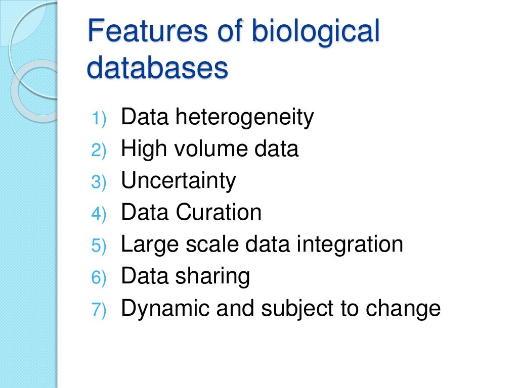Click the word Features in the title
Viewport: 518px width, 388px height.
tap(147, 31)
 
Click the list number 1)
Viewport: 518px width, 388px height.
tap(99, 119)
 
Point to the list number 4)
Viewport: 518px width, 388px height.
tap(99, 214)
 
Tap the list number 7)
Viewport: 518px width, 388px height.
tap(99, 310)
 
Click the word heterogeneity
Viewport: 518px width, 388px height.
tap(244, 118)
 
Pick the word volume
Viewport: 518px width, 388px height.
tap(205, 149)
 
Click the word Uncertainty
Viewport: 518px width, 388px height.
tap(179, 181)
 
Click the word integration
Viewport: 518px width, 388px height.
tap(350, 245)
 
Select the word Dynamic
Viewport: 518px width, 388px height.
tap(165, 309)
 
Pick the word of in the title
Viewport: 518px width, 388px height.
tap(228, 31)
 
